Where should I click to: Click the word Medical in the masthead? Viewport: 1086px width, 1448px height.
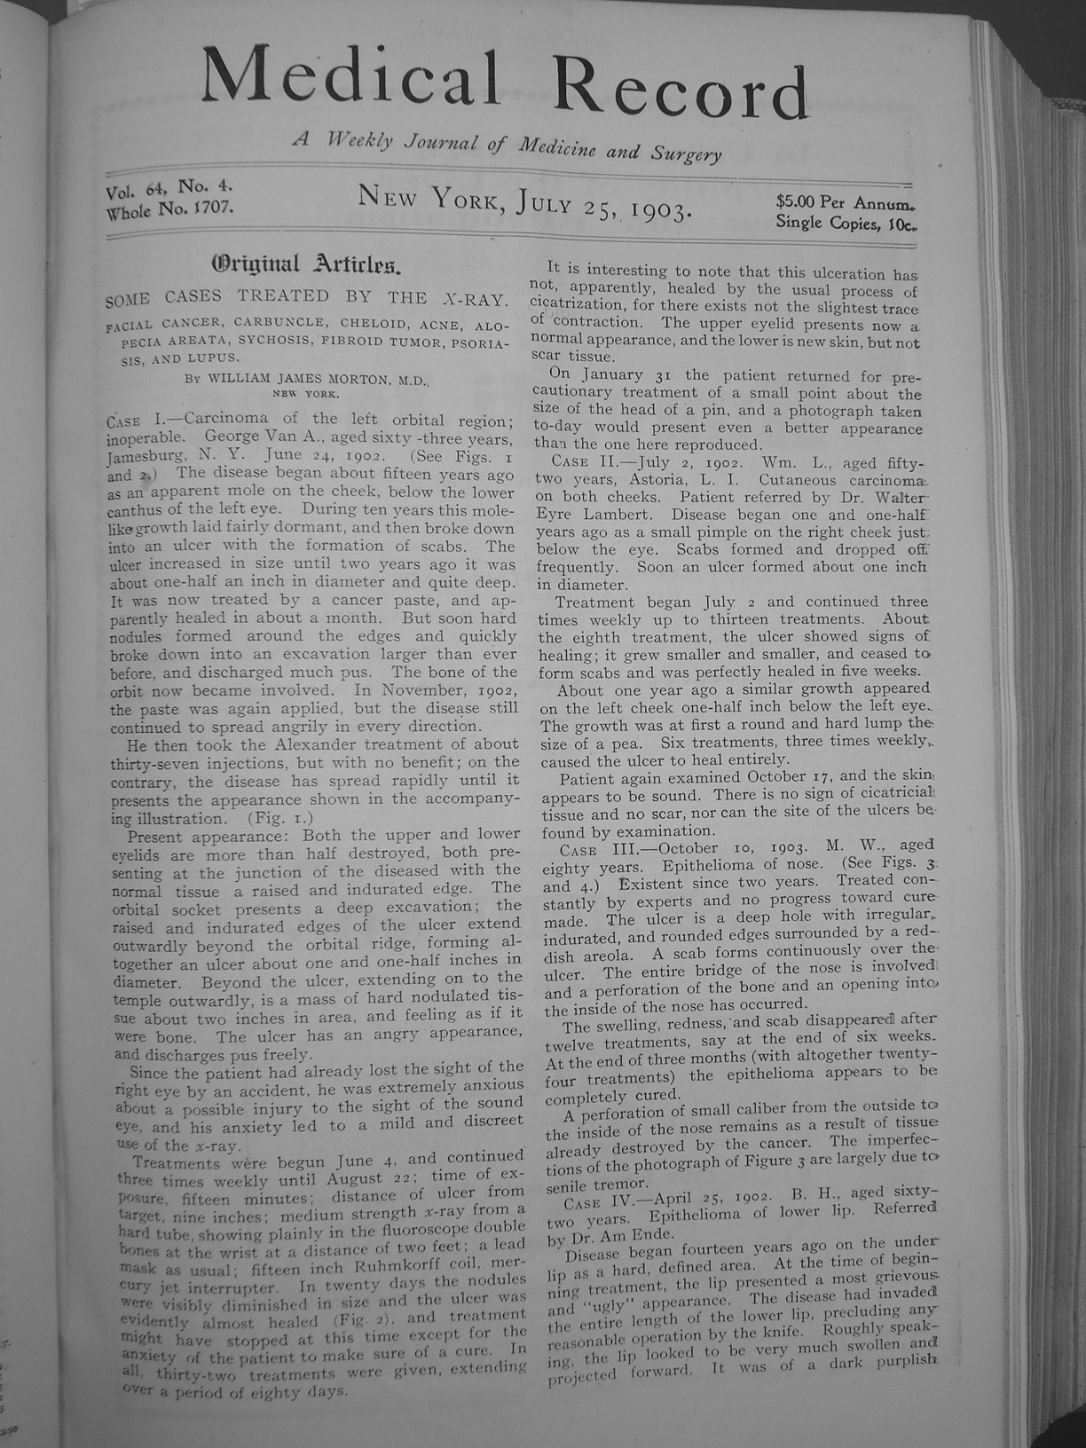pyautogui.click(x=350, y=78)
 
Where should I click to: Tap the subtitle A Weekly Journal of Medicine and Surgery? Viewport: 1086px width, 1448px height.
pyautogui.click(x=506, y=148)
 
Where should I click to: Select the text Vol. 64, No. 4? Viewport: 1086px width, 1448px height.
pyautogui.click(x=169, y=189)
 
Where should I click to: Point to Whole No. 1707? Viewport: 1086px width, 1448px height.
pyautogui.click(x=169, y=210)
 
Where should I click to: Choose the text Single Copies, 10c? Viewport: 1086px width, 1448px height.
pyautogui.click(x=846, y=223)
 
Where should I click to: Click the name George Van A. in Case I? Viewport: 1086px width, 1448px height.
pyautogui.click(x=258, y=437)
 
